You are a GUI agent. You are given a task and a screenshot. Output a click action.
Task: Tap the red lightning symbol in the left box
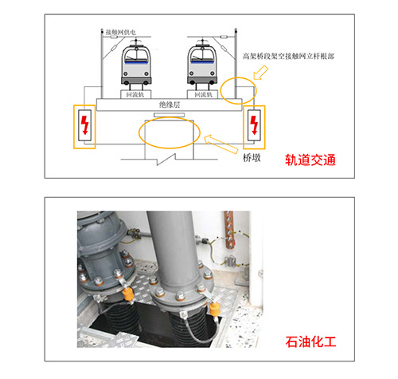tap(84, 125)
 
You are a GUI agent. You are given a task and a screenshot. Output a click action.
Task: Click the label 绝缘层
tap(170, 105)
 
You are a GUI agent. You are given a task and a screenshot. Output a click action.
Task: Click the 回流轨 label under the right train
tap(203, 94)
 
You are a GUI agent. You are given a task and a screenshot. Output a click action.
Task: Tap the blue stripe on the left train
tap(136, 58)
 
